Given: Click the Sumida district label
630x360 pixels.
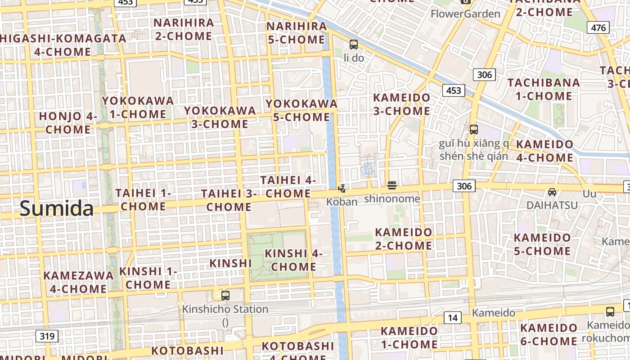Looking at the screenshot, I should tap(57, 209).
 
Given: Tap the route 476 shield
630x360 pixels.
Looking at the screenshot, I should tap(598, 27).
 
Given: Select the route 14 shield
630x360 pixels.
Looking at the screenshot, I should tap(453, 318).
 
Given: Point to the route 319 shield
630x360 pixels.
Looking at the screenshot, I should tap(47, 336).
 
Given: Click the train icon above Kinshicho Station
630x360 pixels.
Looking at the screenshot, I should tap(225, 296).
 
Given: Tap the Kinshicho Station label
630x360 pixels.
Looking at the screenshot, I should tap(225, 310).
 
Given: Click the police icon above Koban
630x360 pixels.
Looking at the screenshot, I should tap(342, 189).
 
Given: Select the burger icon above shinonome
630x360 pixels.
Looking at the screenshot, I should tap(392, 185).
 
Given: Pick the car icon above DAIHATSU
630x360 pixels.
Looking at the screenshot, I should tap(552, 192).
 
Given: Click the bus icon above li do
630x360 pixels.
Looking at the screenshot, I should tap(354, 44).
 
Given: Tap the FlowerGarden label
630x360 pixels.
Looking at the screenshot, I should tap(465, 14).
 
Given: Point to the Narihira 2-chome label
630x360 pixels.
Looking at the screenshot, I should tap(184, 29).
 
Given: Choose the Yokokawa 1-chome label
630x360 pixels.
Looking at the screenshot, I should tap(138, 107).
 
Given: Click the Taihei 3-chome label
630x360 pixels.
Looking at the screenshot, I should tap(229, 200).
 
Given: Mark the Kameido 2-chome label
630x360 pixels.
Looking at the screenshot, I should tap(404, 239).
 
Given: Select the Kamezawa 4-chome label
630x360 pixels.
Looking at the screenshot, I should tap(78, 282).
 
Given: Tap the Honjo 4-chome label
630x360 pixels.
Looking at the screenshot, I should tap(68, 123).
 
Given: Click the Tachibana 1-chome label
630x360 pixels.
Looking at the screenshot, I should tap(544, 89).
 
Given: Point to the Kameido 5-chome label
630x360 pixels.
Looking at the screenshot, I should tap(542, 244).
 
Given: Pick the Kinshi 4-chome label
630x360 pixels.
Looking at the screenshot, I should tap(293, 260).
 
